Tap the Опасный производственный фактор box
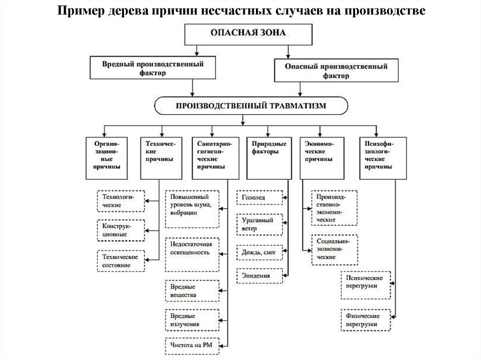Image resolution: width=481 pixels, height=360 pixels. [336, 71]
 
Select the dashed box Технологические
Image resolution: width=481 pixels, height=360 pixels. [120, 201]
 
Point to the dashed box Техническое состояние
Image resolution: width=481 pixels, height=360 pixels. [120, 261]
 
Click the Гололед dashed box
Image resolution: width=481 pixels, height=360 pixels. [260, 198]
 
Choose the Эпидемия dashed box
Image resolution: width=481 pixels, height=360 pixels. [260, 276]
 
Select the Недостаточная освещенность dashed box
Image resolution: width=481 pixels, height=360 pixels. [192, 254]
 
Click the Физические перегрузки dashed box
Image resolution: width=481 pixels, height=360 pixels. [366, 320]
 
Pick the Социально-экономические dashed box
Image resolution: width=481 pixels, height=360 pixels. [334, 249]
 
